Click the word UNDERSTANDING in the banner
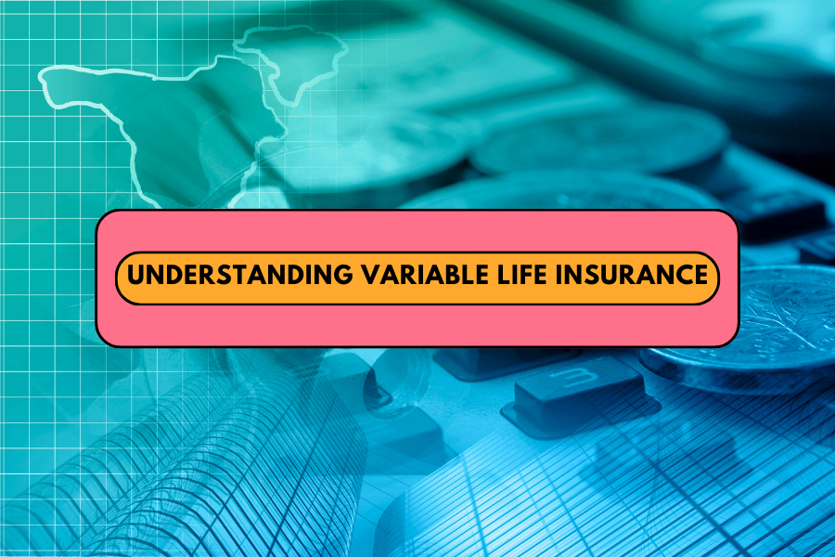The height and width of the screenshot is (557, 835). pos(239,275)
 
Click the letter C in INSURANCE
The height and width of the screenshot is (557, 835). pos(679,275)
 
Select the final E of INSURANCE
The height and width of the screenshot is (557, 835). pos(700,275)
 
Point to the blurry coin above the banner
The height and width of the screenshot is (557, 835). pos(599,139)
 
